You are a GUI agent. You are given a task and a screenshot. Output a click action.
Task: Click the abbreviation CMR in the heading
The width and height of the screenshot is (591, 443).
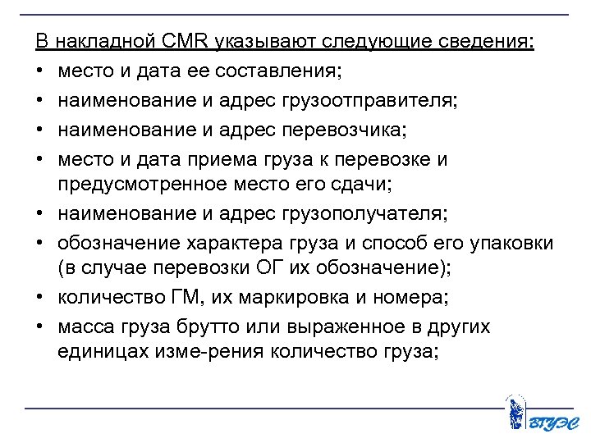click(x=190, y=42)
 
